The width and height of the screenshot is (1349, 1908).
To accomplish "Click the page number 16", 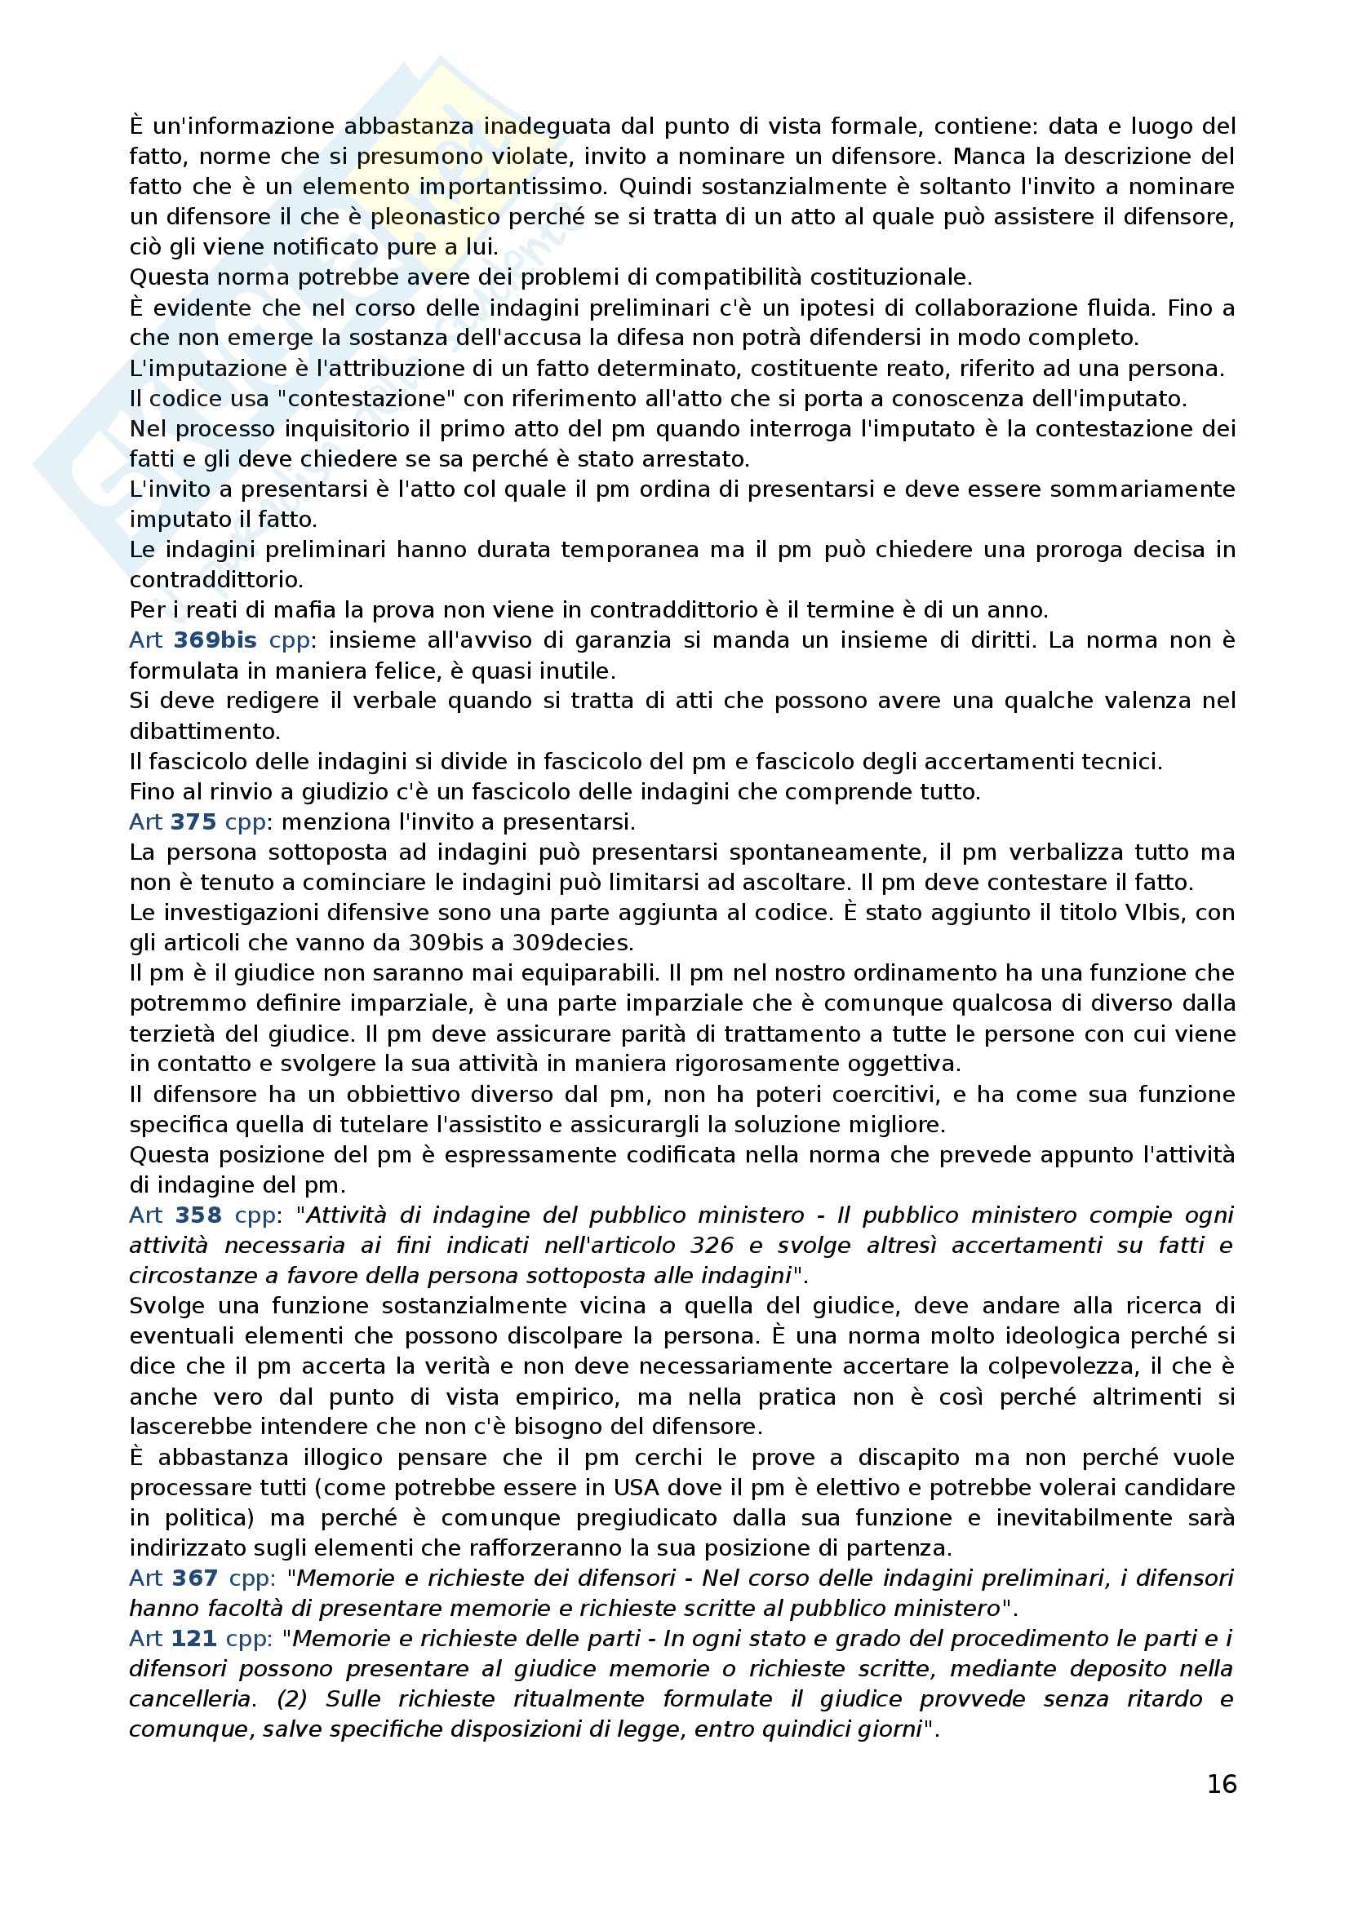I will [1221, 1784].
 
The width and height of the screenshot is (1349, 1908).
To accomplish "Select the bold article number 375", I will [193, 822].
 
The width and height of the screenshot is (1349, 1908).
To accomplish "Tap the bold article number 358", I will [197, 1215].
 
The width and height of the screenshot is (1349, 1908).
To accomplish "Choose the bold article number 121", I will [193, 1639].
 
